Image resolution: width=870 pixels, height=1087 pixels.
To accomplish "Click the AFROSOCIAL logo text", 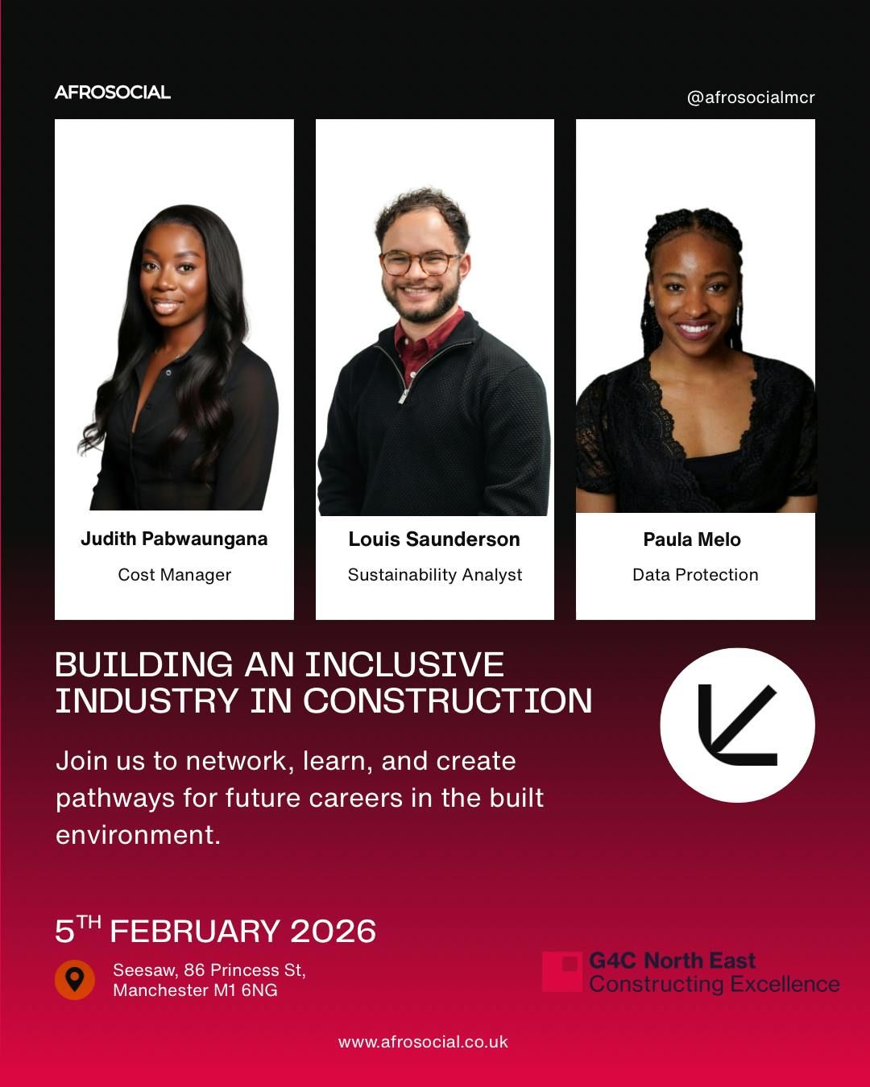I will pos(113,93).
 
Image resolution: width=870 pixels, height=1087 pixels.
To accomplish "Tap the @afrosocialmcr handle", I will pos(750,97).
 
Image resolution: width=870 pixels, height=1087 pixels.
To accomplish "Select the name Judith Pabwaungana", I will pos(174,539).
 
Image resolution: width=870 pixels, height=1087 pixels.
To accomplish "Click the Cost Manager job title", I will pos(174,575).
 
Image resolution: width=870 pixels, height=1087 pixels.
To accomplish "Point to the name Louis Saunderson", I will pos(434,539).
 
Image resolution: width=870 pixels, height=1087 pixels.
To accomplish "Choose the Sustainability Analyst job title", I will pos(435,575).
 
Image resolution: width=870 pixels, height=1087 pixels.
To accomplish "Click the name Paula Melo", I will pos(692,539).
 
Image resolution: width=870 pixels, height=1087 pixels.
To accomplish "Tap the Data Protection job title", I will pos(695,575).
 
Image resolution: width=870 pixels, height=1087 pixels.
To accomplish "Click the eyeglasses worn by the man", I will pos(420,262).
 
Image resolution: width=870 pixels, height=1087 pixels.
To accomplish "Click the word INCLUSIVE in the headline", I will pos(404,665).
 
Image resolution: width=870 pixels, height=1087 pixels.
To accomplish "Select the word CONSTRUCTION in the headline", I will pos(448,701).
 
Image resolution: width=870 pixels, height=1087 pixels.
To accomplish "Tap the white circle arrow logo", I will pos(737,725).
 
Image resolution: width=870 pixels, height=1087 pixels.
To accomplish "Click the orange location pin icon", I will pos(75,979).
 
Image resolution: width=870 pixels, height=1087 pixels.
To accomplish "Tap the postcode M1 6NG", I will pos(246,990).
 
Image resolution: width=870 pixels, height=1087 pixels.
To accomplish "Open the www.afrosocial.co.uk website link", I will pos(423,1042).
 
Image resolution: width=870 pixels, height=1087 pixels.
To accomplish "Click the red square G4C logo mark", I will pos(562,971).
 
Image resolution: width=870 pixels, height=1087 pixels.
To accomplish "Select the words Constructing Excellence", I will pos(715,984).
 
